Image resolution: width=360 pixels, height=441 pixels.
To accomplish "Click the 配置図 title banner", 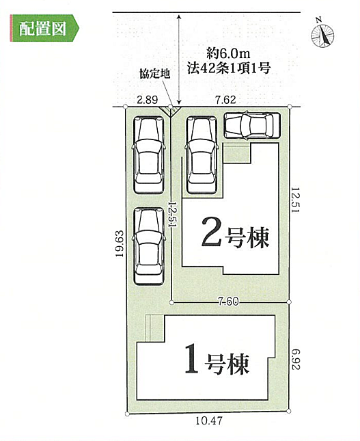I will pos(43,29).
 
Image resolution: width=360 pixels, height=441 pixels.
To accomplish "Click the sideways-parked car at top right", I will pos(251,125).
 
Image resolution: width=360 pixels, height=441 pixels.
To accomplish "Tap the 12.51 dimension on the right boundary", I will pos(296,201).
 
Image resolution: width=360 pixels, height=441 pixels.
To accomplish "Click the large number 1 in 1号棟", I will pos(191,361).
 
